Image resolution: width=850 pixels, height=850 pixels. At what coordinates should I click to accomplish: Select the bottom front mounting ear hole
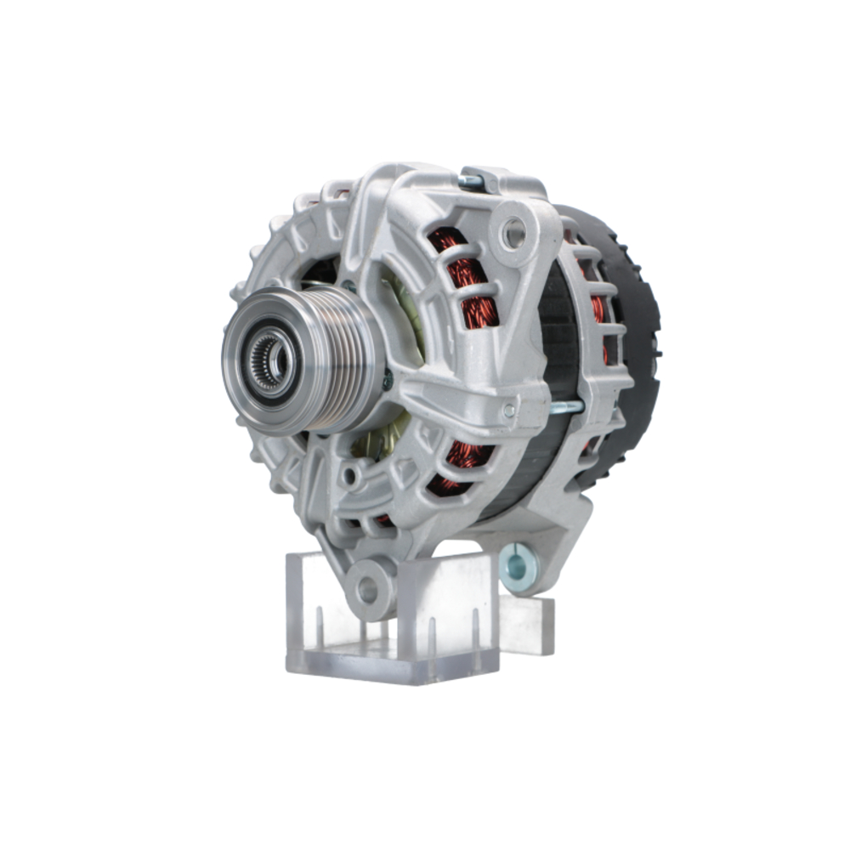click(367, 587)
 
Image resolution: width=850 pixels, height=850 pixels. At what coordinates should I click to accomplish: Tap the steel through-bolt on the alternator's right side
click(565, 408)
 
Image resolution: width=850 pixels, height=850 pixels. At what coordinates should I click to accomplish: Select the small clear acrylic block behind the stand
click(527, 625)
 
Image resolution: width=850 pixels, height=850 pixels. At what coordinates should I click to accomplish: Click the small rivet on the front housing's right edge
click(508, 411)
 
